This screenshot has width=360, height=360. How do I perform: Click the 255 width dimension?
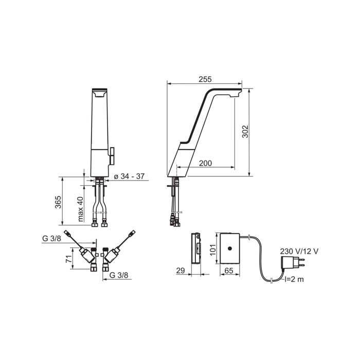tap(205, 79)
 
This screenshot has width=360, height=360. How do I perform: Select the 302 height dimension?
tap(245, 132)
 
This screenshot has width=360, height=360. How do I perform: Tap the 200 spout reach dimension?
tap(206, 163)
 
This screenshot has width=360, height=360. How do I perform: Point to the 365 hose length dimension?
tap(58, 202)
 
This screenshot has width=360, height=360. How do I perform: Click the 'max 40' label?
tap(80, 209)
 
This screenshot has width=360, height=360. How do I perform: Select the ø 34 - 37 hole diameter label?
tap(129, 176)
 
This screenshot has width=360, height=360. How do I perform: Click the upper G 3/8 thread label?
tap(51, 239)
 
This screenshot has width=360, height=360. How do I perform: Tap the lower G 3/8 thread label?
tap(119, 275)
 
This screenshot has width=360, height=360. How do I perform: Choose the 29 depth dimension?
tap(181, 271)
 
